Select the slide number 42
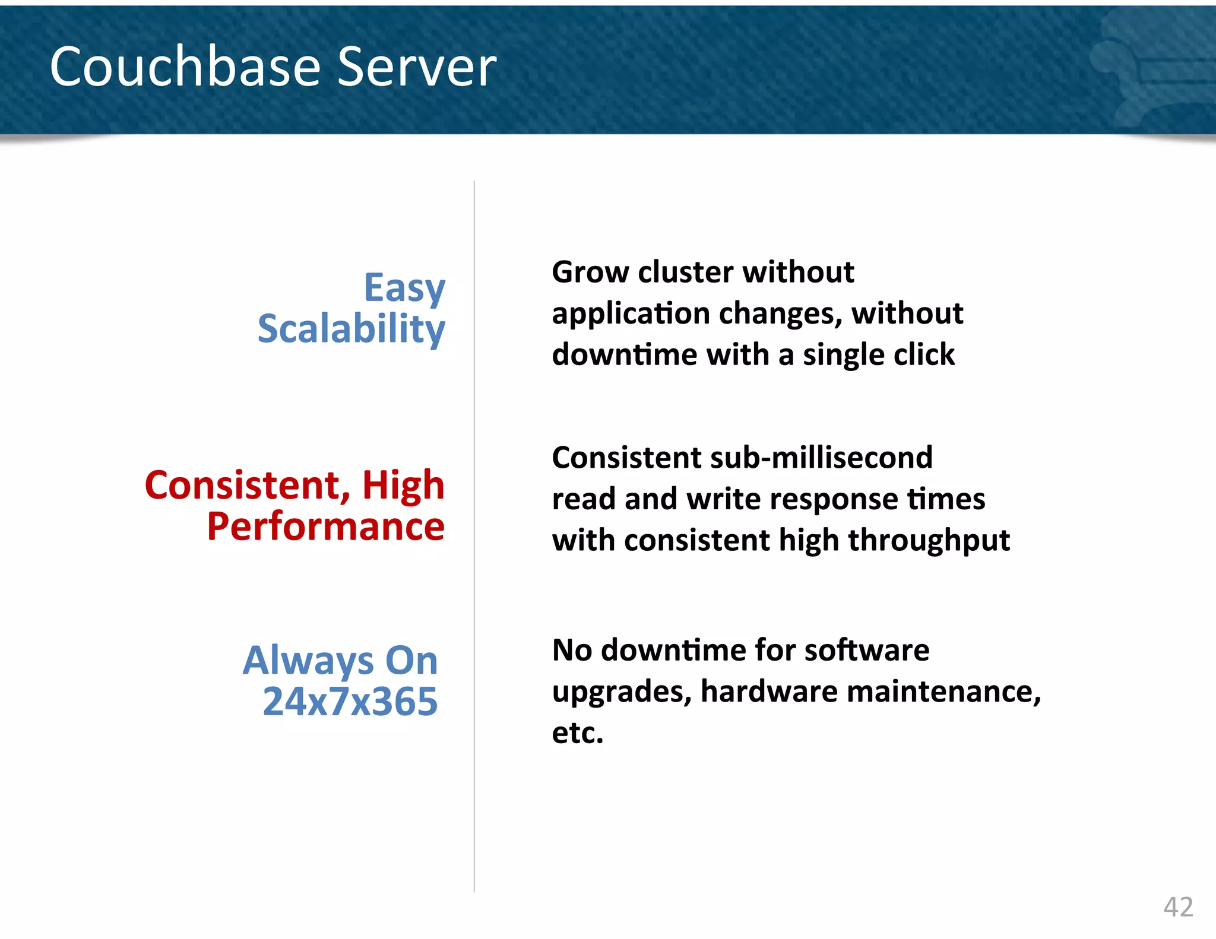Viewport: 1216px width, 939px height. (x=1178, y=907)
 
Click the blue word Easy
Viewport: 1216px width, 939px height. (x=404, y=288)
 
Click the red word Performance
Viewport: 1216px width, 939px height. (x=325, y=526)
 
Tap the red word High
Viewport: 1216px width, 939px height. (x=403, y=485)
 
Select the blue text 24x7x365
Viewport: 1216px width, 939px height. (x=350, y=702)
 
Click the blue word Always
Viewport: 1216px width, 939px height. (x=308, y=661)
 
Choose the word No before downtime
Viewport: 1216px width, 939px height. (x=572, y=650)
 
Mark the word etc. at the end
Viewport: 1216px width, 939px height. (x=577, y=733)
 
